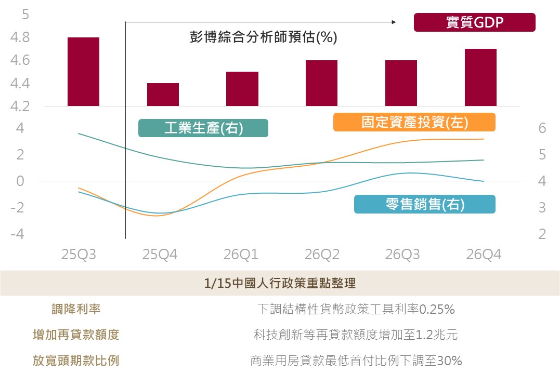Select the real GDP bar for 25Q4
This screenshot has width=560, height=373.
(163, 95)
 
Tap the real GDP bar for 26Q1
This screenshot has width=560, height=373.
(242, 89)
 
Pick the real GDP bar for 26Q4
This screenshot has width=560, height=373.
(480, 77)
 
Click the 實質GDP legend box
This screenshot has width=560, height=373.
(474, 23)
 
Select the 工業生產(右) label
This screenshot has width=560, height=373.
(203, 128)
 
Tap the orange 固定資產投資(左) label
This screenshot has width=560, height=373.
(414, 122)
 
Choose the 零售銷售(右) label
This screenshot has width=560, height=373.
(424, 204)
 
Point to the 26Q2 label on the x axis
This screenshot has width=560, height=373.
(322, 255)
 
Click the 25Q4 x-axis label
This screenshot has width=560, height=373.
(160, 255)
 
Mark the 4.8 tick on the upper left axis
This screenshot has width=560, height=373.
(20, 38)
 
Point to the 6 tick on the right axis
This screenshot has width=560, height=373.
(542, 128)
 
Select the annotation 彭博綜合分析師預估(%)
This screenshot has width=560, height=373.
(263, 37)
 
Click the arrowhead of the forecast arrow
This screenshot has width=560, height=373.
(394, 22)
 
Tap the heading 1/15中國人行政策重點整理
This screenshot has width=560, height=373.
(280, 284)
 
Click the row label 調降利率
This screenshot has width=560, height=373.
(76, 310)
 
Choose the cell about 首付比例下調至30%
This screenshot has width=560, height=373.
(356, 361)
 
